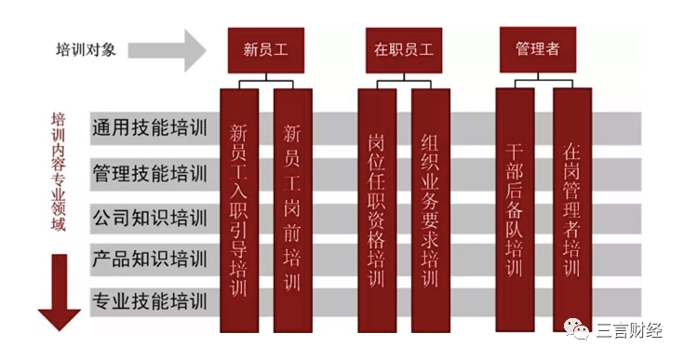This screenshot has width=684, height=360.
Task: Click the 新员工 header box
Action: click(266, 49)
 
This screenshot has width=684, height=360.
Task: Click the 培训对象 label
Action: click(87, 50)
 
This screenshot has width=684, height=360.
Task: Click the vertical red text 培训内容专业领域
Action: click(58, 172)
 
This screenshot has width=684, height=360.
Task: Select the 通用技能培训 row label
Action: click(149, 128)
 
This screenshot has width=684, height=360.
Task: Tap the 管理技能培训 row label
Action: click(149, 172)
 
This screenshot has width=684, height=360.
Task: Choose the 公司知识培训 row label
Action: click(149, 217)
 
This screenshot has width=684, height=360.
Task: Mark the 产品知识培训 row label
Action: click(149, 259)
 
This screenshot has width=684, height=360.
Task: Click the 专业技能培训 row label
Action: click(149, 300)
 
